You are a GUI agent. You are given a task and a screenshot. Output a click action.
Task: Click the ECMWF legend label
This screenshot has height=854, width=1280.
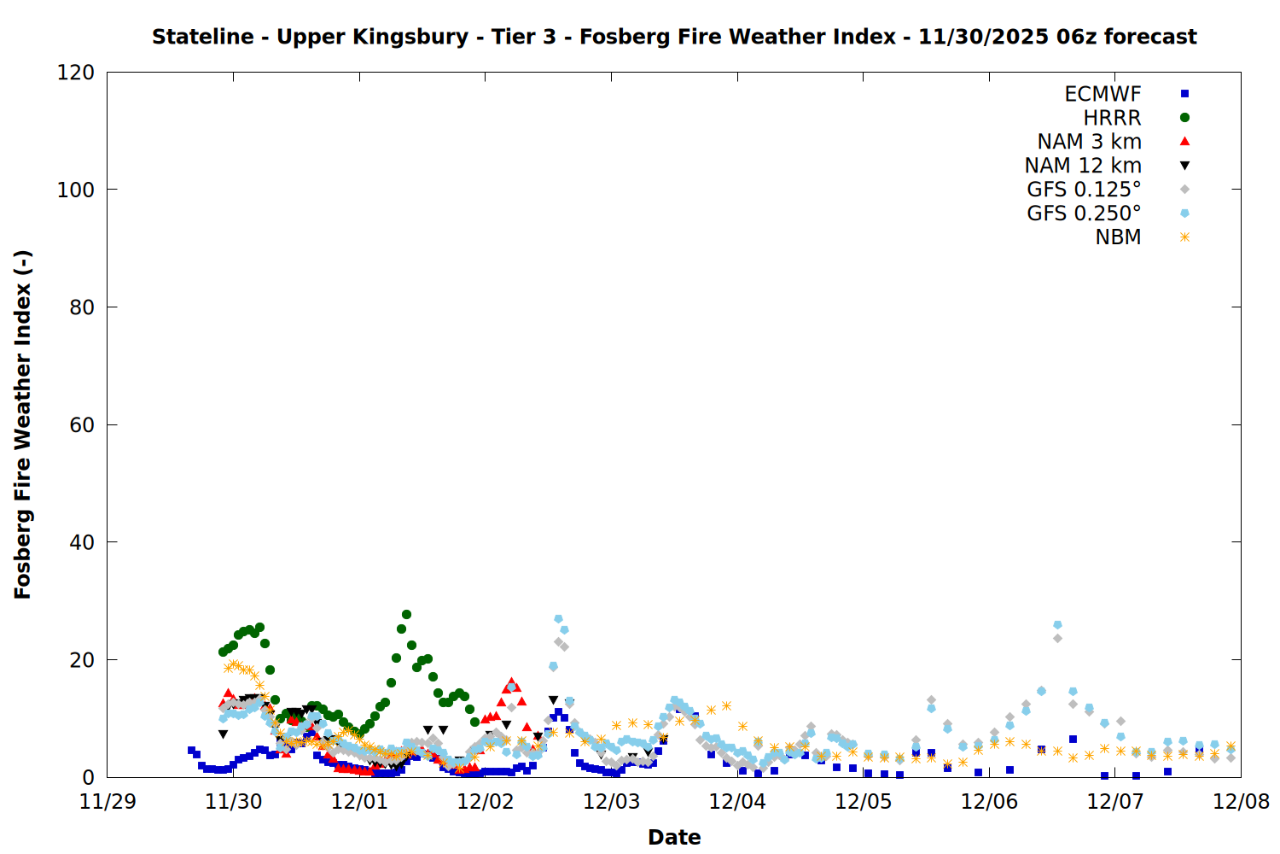1103,94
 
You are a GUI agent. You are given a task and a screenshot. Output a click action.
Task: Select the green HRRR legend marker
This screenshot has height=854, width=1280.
1184,118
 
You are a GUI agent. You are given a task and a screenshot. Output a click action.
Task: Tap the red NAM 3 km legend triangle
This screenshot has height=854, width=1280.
1184,142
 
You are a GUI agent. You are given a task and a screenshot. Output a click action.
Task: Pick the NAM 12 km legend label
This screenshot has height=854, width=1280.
1083,166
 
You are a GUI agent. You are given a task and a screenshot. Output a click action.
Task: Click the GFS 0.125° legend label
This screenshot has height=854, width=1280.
1084,190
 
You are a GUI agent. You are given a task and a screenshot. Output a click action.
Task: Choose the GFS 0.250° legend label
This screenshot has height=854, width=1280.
1084,213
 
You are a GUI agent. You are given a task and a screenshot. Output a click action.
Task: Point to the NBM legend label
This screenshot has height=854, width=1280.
1118,237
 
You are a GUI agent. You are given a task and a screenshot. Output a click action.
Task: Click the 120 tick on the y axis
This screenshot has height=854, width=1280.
76,73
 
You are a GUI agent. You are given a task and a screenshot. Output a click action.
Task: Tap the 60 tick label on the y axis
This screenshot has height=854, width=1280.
82,425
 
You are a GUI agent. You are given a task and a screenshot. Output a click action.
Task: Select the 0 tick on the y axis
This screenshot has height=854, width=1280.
88,777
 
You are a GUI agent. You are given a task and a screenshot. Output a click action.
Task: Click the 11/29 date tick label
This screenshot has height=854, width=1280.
108,802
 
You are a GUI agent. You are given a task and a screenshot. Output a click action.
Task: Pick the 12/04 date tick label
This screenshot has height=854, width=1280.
737,802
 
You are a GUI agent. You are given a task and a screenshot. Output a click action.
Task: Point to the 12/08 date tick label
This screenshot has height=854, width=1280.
1241,802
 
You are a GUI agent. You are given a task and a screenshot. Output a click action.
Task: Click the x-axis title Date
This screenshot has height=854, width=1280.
674,837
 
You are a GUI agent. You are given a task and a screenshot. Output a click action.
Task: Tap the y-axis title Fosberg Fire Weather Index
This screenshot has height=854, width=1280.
23,424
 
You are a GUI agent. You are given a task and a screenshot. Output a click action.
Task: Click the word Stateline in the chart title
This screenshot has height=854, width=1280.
202,37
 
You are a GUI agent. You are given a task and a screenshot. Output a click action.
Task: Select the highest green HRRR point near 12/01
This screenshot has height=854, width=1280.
406,615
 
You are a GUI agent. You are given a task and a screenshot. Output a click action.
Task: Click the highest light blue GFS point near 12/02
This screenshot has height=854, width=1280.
558,618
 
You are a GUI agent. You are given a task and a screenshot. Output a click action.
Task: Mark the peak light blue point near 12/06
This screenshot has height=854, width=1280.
1057,625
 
